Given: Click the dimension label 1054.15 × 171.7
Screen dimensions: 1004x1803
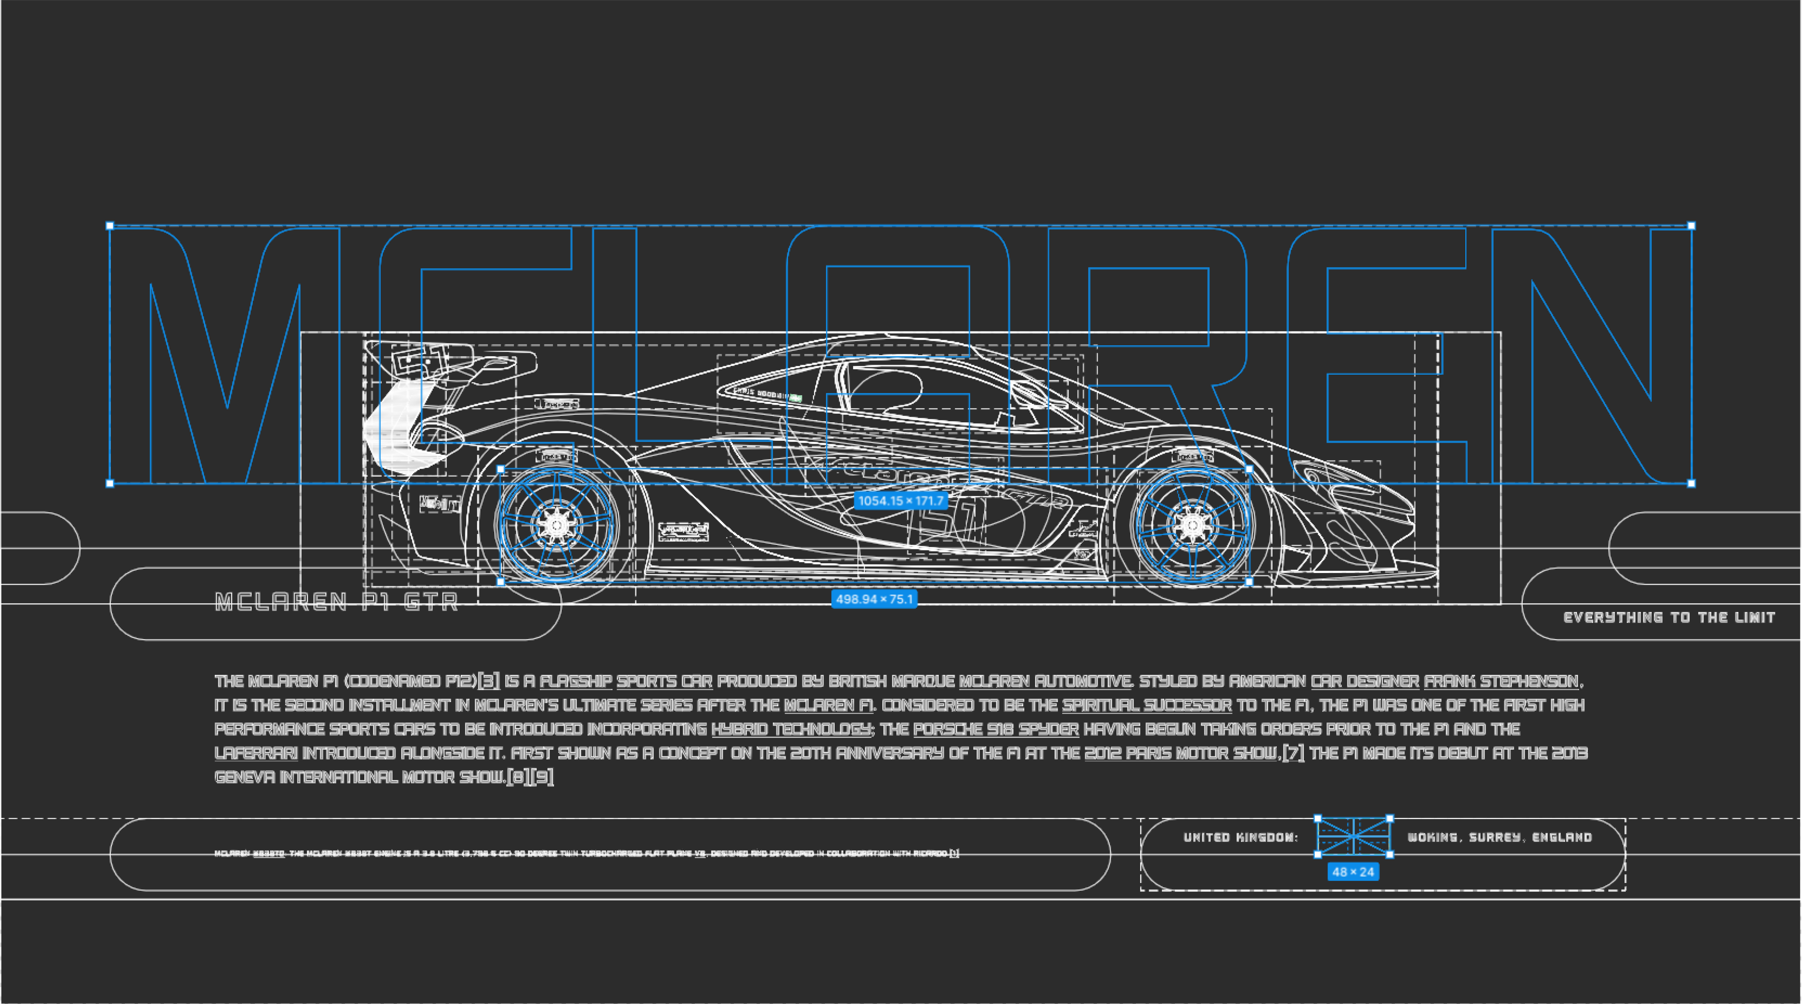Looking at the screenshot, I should [x=901, y=500].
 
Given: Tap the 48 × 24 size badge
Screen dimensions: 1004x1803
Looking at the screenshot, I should [x=1353, y=872].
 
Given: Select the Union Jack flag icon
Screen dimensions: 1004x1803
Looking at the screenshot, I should [x=1354, y=836].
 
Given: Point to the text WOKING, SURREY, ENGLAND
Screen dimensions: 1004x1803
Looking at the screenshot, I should [x=1499, y=838].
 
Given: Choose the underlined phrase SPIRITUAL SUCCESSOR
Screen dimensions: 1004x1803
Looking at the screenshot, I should [x=1146, y=705].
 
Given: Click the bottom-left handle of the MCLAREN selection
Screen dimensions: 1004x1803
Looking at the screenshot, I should [x=110, y=483].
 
